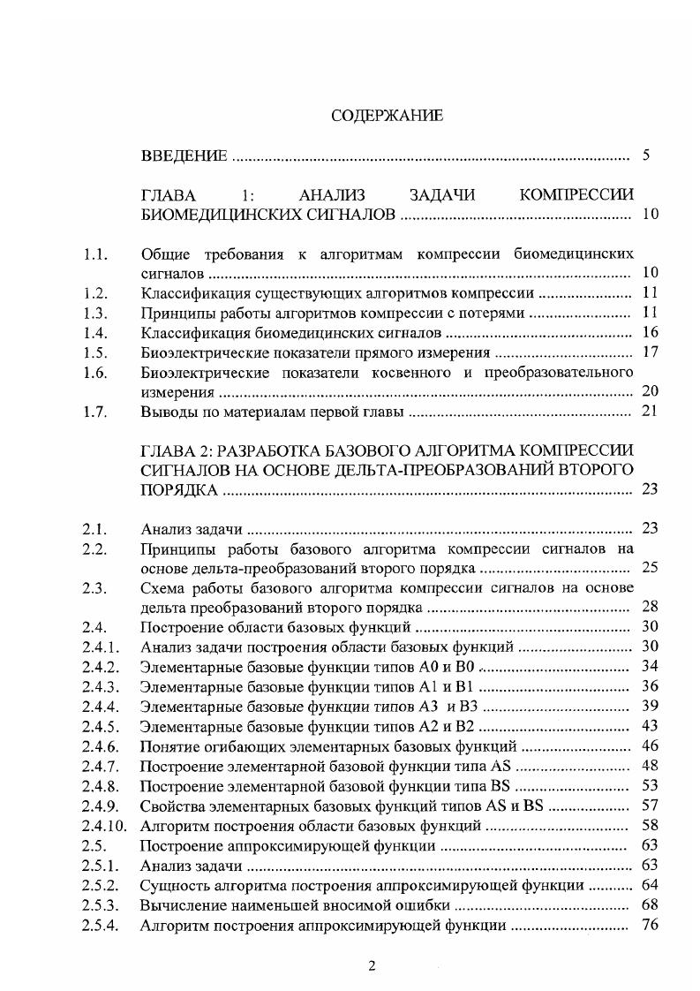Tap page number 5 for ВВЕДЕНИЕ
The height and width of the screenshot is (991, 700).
tap(646, 156)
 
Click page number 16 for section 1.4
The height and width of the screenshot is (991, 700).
tap(649, 333)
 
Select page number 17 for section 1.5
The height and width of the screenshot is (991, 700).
tap(649, 352)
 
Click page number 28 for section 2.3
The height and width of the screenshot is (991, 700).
tap(649, 607)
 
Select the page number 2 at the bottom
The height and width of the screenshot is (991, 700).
tap(372, 965)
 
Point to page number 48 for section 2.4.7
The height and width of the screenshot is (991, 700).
tap(649, 764)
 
